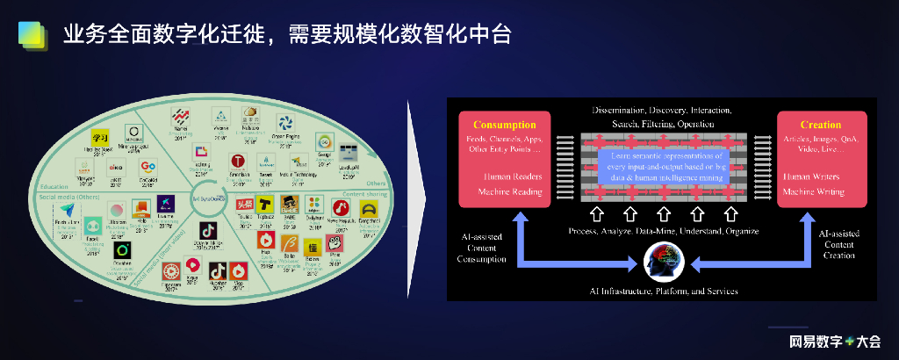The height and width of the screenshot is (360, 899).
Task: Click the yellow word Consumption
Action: [504, 125]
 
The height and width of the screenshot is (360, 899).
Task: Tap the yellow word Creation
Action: [821, 125]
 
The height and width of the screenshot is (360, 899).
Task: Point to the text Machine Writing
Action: [814, 191]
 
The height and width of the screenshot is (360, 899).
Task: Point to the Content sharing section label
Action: [363, 193]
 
